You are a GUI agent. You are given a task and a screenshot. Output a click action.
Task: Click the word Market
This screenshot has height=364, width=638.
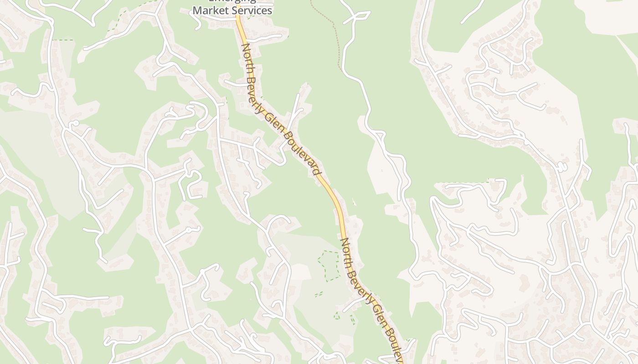tap(209, 10)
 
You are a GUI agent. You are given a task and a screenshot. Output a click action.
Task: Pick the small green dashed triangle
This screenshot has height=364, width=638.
tap(337, 315)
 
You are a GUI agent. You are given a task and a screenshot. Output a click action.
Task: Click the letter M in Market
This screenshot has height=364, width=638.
tap(197, 10)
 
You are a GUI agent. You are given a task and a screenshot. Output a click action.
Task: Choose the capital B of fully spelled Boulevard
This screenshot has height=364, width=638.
tap(287, 135)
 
